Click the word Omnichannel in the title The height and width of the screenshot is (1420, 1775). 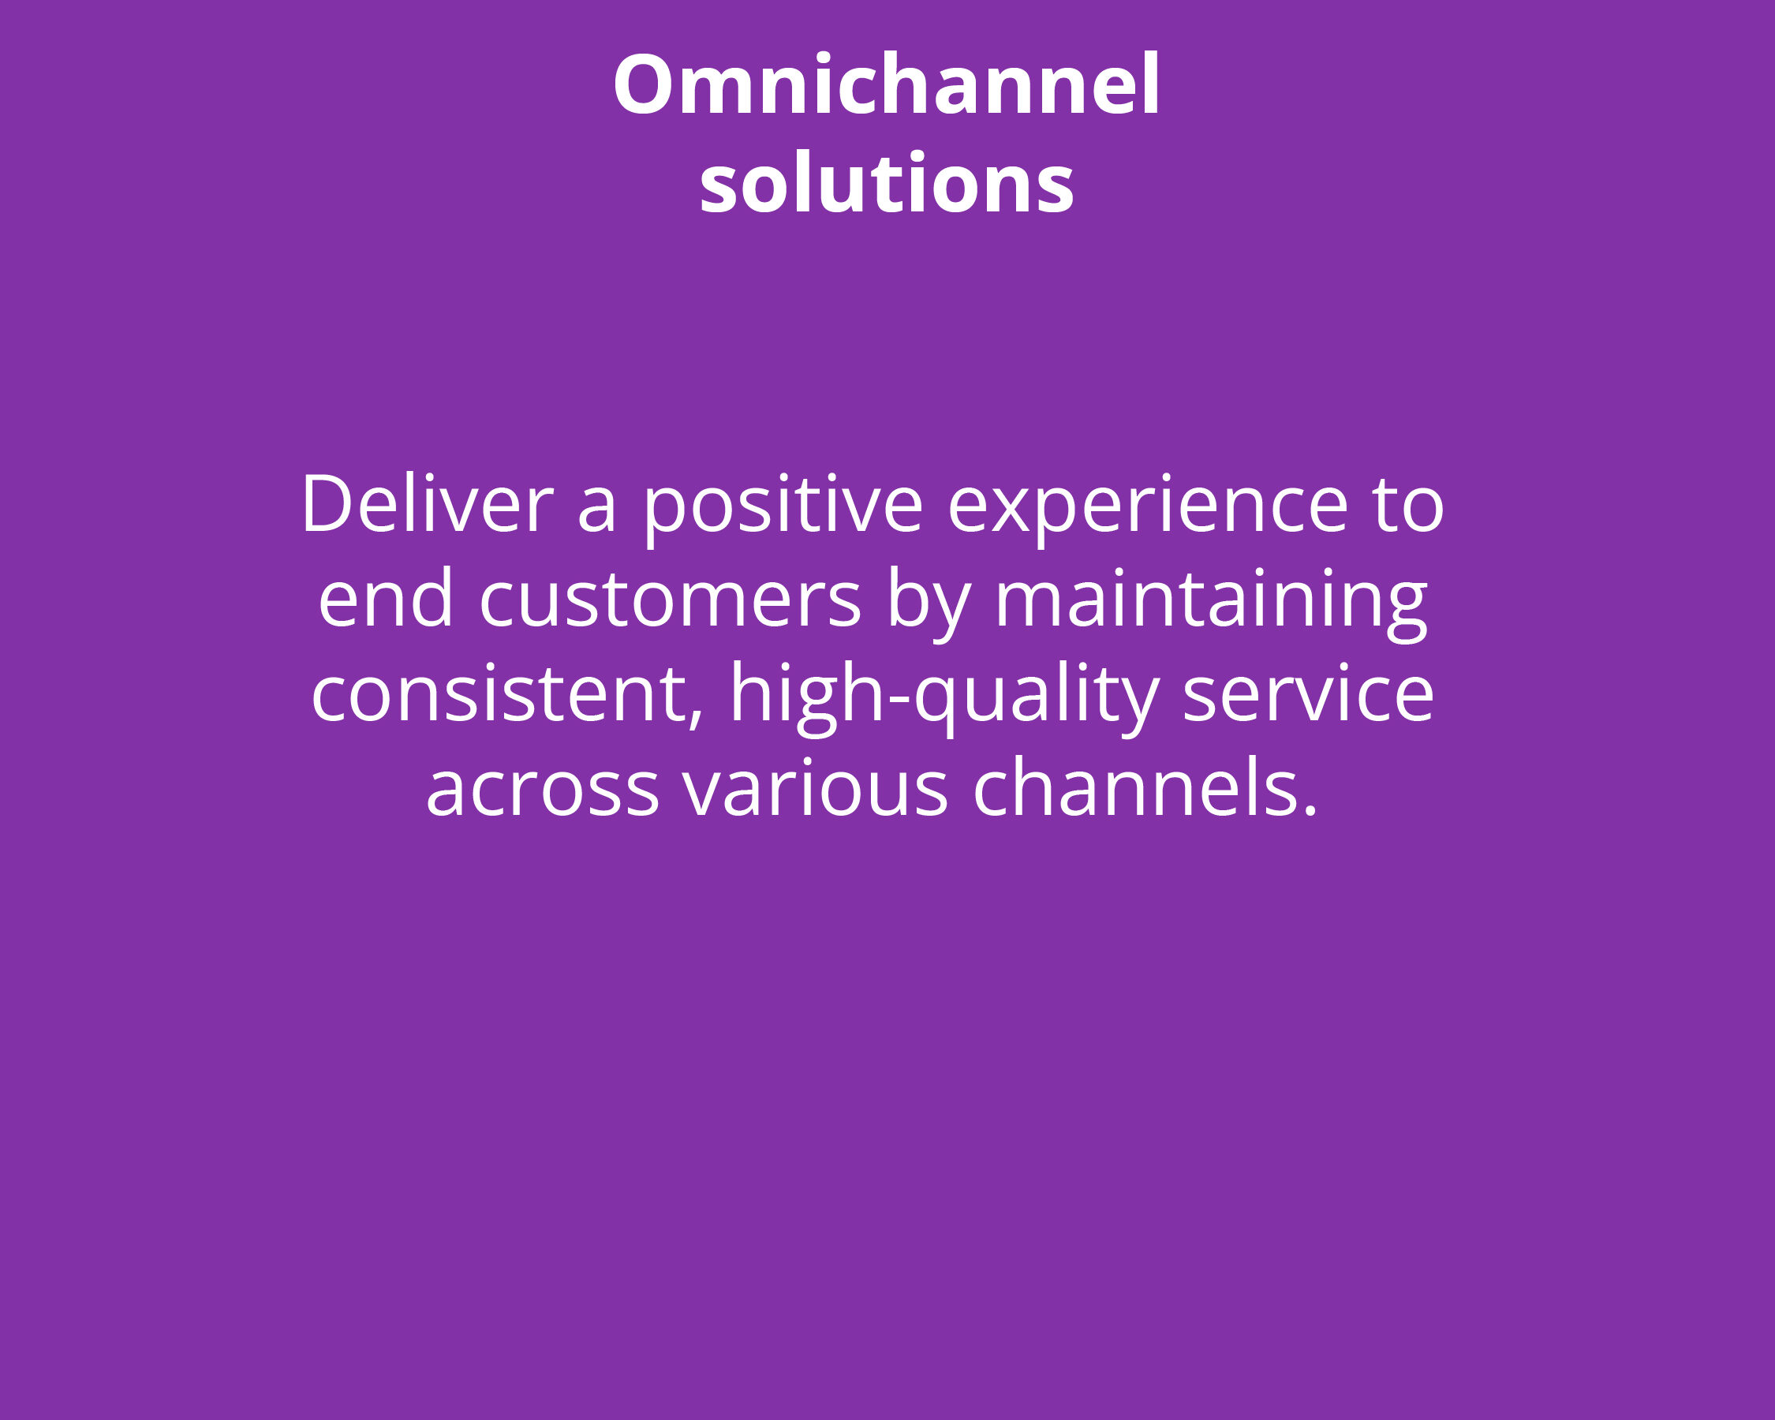pos(887,83)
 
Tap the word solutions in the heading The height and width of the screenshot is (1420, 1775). pos(887,182)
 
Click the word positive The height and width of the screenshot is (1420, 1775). pos(783,508)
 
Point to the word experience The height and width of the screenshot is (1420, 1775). pos(1149,508)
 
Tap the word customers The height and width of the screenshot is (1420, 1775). pos(670,599)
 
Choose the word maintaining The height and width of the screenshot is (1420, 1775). pos(1211,603)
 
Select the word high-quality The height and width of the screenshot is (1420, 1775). pos(944,698)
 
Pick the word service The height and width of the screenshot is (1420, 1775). pos(1308,693)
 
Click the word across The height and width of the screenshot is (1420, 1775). pos(543,790)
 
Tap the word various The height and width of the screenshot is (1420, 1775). pos(815,787)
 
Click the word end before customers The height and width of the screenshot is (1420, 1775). pos(385,598)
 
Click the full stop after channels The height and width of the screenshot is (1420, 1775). pos(1310,812)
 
